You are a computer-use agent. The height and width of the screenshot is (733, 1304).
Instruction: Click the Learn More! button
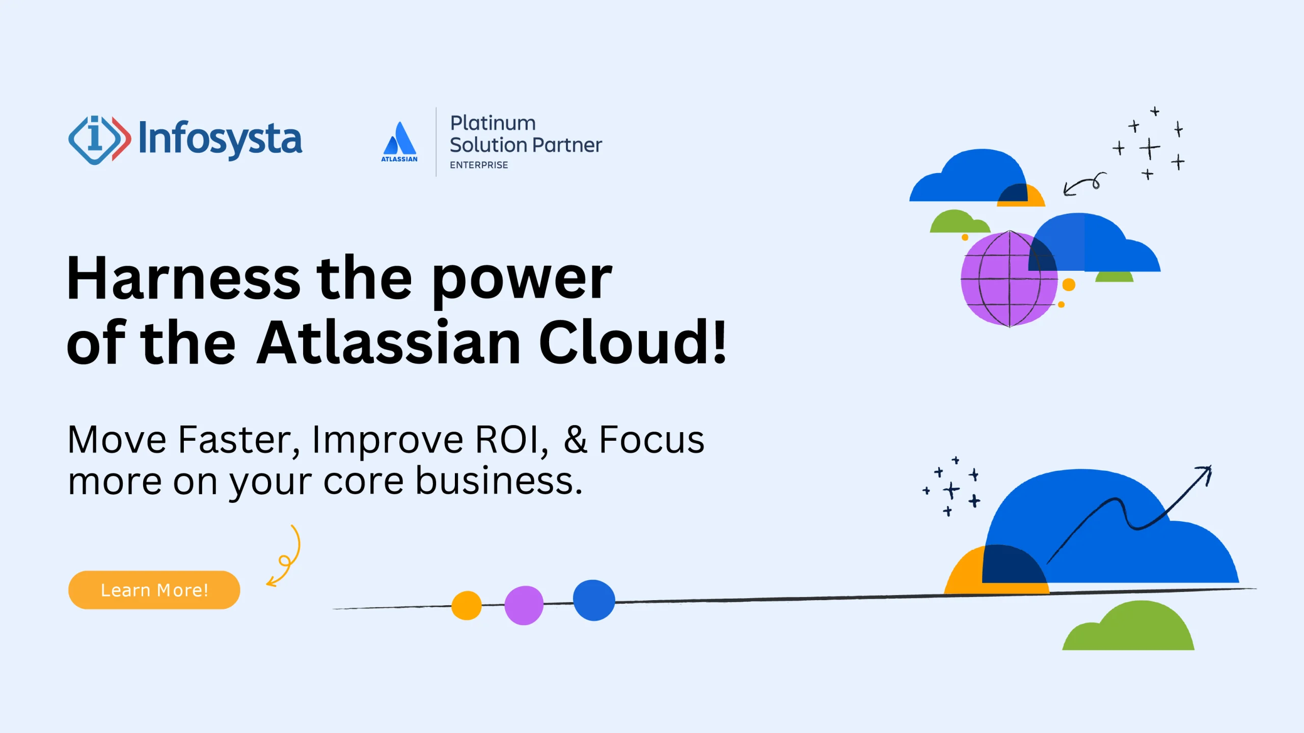coord(154,590)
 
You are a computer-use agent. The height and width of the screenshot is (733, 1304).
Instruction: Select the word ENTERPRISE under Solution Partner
coord(478,165)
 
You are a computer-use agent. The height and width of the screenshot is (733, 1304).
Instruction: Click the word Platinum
coord(493,123)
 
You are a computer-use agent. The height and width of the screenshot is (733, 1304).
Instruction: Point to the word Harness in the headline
coord(183,279)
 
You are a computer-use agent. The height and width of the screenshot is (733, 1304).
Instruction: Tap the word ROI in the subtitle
coord(506,440)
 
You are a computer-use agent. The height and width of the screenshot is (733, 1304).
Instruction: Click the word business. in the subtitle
coord(499,481)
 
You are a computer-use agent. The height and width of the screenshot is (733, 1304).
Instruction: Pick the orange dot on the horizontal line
coord(466,605)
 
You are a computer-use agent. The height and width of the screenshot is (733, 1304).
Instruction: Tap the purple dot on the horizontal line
coord(524,605)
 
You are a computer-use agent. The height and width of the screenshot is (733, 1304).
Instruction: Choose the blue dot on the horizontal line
coord(594,600)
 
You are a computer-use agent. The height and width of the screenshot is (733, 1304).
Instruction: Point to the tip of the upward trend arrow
coord(1209,468)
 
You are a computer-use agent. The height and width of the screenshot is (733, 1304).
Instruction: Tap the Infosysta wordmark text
coord(220,138)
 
